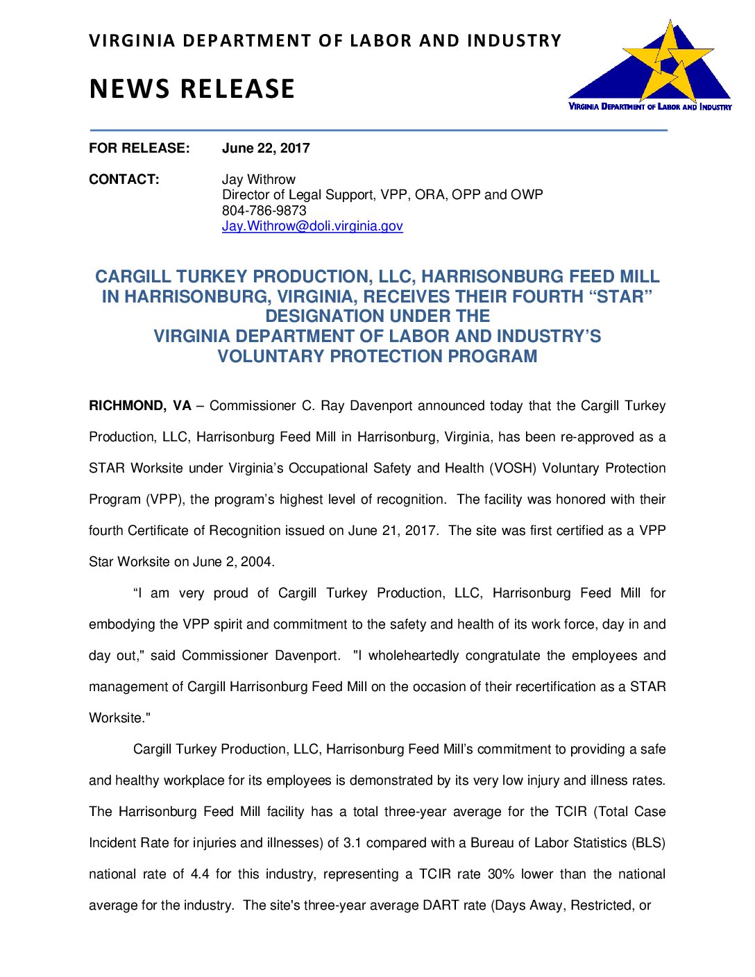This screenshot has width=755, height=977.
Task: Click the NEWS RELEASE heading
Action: point(192,90)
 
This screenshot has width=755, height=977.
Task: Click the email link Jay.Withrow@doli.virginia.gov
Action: point(312,226)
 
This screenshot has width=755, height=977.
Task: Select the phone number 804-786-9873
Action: point(264,210)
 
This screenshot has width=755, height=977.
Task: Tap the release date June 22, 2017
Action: point(266,148)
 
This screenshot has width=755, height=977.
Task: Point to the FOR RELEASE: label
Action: point(139,148)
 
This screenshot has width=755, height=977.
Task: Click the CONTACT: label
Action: point(124,179)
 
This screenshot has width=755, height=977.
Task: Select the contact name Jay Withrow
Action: point(258,179)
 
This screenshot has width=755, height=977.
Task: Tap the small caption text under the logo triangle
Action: point(650,107)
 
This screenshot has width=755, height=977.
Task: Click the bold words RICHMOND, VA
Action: point(139,406)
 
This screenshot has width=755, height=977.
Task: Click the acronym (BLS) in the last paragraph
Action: point(648,843)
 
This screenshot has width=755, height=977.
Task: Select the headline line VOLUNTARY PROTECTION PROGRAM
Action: point(377,357)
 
